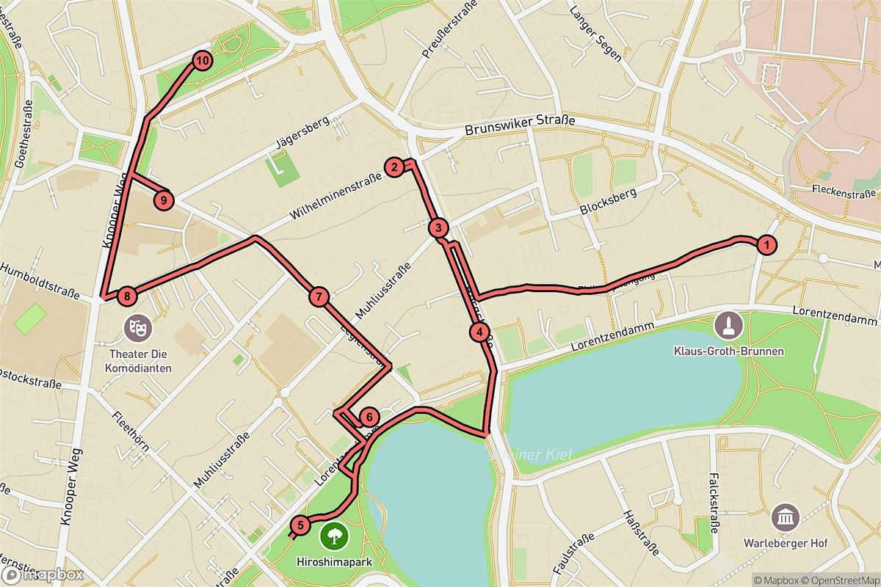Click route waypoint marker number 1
pos(766,245)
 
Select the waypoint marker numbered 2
pos(394,167)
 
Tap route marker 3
pos(438,228)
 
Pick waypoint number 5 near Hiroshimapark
pos(300,525)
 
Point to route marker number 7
pos(318,296)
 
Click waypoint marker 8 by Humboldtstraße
pos(128,296)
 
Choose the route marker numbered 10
pos(203,59)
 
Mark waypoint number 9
pos(164,199)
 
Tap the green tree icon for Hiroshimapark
pos(334,533)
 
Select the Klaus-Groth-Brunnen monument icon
pos(728,324)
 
